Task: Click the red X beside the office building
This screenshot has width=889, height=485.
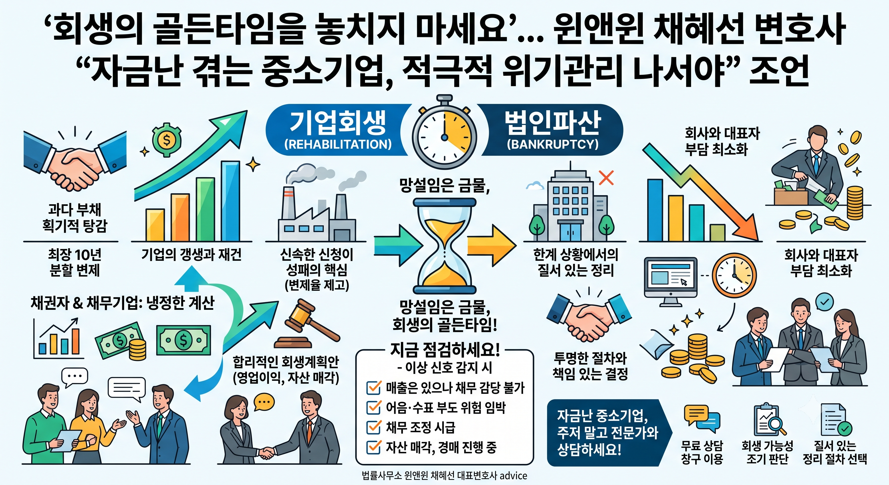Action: [x=606, y=178]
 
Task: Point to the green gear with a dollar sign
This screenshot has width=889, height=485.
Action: [x=167, y=140]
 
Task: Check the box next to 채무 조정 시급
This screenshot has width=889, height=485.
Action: [x=373, y=427]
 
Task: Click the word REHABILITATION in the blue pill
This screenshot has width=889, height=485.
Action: [x=338, y=144]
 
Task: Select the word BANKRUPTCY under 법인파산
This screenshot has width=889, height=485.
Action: [x=552, y=144]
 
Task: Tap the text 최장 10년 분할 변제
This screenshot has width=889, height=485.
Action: [x=75, y=262]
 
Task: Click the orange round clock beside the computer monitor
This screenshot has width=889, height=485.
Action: [x=734, y=276]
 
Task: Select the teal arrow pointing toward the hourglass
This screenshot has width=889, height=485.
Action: [x=398, y=245]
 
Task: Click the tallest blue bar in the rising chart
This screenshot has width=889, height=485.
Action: [x=230, y=201]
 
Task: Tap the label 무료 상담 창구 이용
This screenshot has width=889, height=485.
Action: [x=702, y=452]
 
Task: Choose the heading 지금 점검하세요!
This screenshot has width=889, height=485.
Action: [x=445, y=350]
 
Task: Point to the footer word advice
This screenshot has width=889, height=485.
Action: [x=513, y=476]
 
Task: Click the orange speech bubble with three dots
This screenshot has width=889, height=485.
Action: [x=264, y=403]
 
